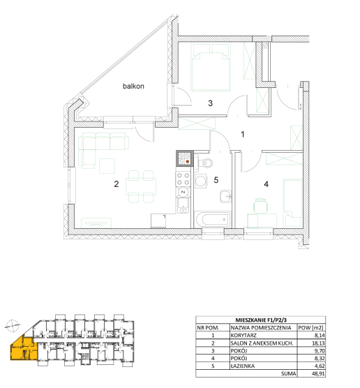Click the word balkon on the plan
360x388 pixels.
click(133, 86)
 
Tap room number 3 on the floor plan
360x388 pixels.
click(210, 103)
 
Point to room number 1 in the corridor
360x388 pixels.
click(243, 135)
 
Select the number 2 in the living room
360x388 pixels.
click(117, 184)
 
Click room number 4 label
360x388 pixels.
click(267, 184)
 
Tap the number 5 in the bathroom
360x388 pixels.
click(216, 180)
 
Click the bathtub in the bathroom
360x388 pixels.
click(213, 220)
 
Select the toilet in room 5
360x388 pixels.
click(204, 163)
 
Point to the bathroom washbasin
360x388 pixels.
click(225, 197)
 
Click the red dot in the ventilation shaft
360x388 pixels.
click(188, 162)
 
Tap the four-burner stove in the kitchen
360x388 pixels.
click(183, 179)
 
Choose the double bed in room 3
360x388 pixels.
click(211, 67)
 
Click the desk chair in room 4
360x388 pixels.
click(260, 206)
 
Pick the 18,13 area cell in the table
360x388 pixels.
click(318, 343)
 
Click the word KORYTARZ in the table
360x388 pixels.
click(243, 336)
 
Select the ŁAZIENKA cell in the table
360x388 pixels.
click(243, 366)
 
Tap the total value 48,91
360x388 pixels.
click(318, 373)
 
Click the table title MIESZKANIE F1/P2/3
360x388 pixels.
click(261, 320)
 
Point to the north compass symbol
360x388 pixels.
click(13, 326)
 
